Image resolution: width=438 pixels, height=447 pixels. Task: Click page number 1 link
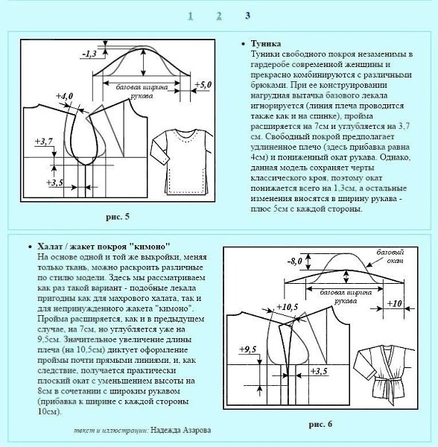tap(191, 16)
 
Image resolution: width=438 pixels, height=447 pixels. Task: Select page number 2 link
tap(219, 16)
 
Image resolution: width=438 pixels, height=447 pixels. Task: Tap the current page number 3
tap(247, 16)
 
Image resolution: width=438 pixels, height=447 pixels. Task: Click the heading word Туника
tap(266, 44)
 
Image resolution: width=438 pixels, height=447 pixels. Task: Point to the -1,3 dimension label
tap(89, 54)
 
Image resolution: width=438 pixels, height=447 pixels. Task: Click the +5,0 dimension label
tap(203, 85)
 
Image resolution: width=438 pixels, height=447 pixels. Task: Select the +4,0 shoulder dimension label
tap(64, 96)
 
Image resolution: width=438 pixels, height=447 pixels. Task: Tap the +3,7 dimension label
tap(44, 142)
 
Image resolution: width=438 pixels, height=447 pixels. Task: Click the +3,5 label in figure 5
tap(54, 183)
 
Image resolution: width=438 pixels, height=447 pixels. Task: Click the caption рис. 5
tap(118, 217)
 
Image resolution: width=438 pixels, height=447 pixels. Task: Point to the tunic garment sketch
tap(182, 162)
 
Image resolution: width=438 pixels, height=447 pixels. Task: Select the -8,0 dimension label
tap(294, 261)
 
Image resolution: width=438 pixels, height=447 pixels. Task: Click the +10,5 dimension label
tap(288, 307)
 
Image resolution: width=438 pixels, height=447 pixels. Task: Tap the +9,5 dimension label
tap(248, 349)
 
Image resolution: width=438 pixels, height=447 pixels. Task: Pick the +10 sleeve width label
tap(394, 304)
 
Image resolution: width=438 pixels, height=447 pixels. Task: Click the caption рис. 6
tap(320, 425)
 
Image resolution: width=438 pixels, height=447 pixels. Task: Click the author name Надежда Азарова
tap(181, 430)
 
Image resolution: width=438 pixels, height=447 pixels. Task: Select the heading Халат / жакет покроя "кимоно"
tap(104, 247)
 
